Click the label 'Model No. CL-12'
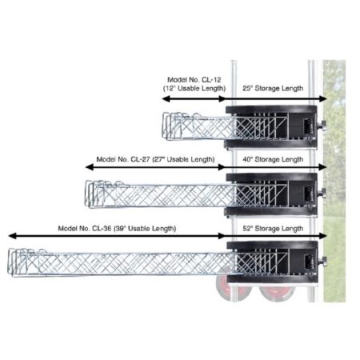tap(194, 80)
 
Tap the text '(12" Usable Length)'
tap(194, 88)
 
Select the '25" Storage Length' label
tap(273, 88)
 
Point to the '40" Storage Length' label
tap(273, 159)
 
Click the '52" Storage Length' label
tap(273, 229)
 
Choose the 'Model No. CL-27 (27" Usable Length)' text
tap(155, 159)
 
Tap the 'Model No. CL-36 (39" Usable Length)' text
tap(117, 229)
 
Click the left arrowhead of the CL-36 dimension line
tap(12, 236)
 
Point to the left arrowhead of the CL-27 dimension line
tap(89, 167)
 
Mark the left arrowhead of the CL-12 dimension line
tap(166, 99)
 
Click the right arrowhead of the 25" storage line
tap(323, 99)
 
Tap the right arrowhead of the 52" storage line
tap(323, 236)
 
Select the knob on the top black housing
tap(322, 126)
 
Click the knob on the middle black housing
tap(322, 192)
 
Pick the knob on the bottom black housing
tap(322, 261)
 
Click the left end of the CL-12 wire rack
tap(164, 126)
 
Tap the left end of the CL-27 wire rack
tap(87, 194)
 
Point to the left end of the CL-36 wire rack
tap(10, 262)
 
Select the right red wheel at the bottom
tap(278, 293)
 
